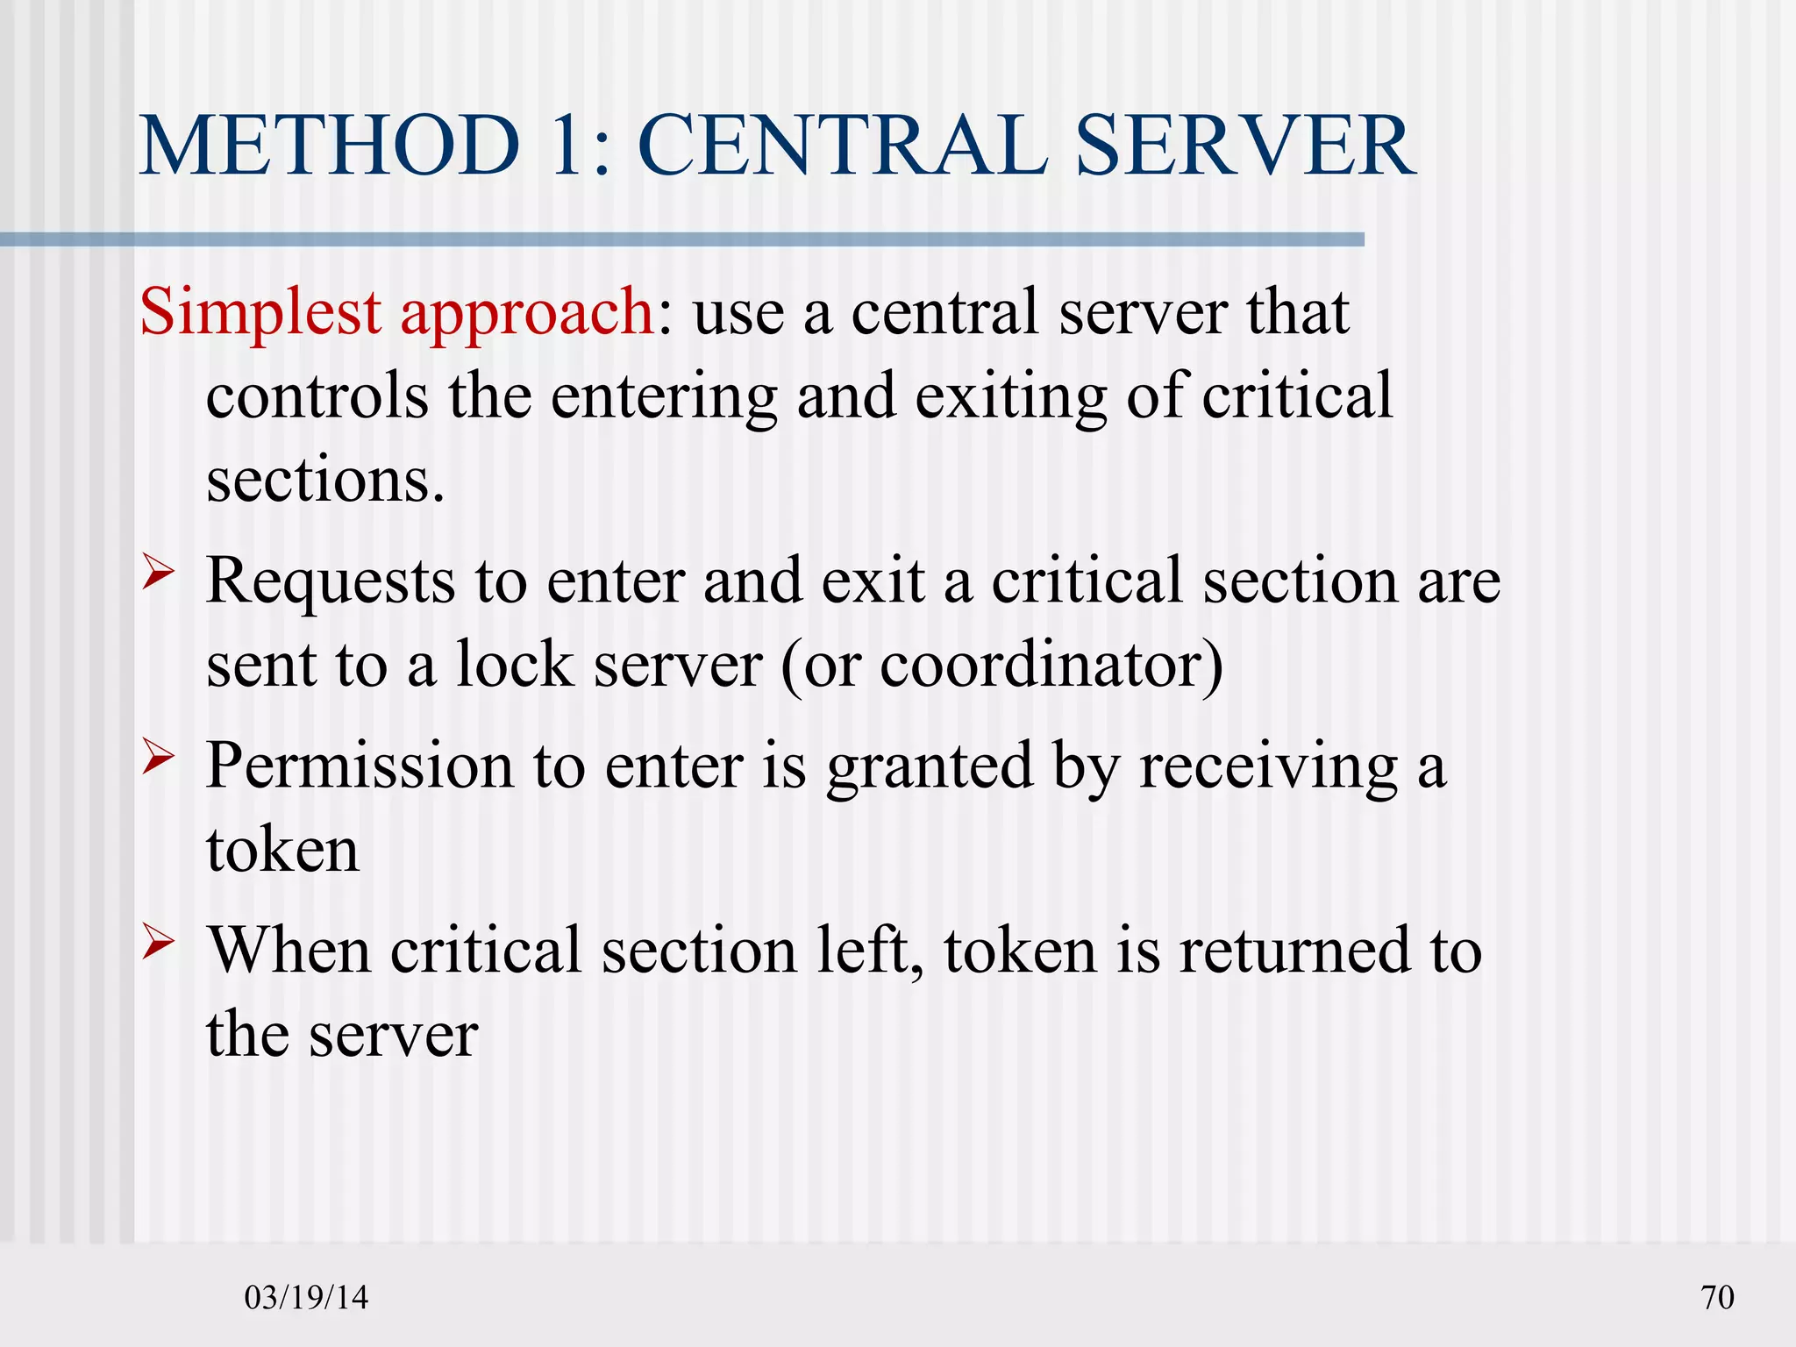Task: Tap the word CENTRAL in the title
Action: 843,146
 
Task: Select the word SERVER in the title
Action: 1244,146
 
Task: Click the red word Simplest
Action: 260,313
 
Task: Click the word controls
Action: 317,396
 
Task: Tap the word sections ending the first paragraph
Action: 325,481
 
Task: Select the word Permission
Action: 360,766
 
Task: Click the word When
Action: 289,951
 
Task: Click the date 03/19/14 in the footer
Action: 306,1297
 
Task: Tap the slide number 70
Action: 1717,1297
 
